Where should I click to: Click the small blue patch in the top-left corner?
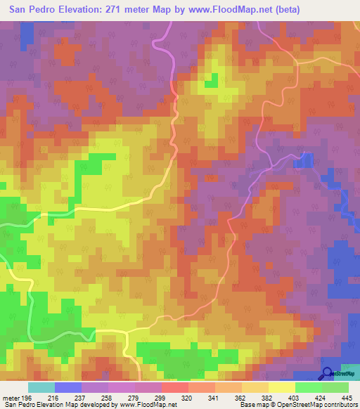click(26, 31)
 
